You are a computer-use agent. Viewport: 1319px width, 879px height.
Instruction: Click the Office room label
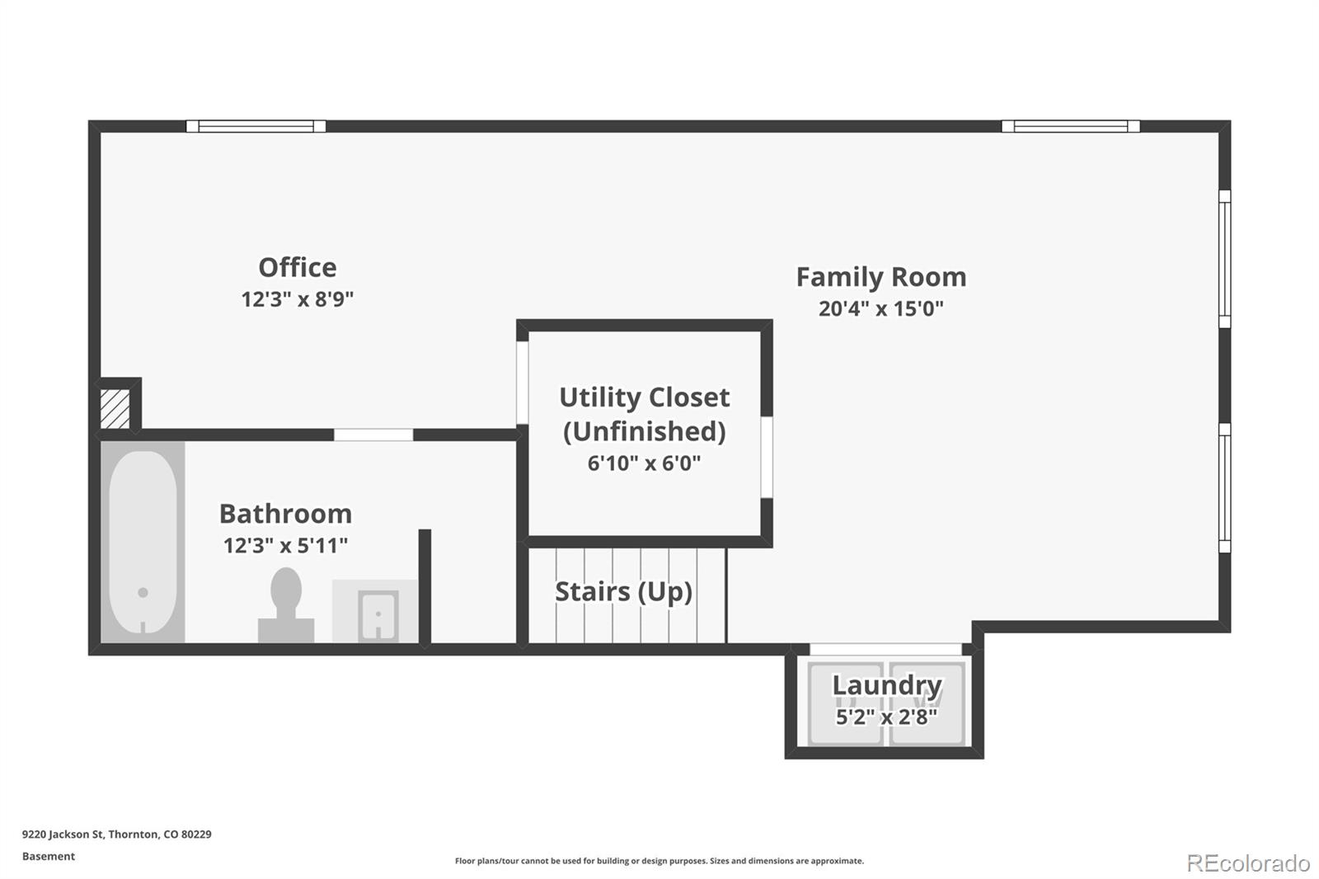298,267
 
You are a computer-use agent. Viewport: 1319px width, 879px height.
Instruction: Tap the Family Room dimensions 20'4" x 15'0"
881,308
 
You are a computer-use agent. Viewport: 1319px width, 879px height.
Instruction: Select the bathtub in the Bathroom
143,542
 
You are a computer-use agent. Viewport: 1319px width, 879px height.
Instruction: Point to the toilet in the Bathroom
286,604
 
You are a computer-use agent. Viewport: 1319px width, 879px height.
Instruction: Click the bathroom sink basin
378,614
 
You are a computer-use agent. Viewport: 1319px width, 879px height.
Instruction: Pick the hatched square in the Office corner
115,408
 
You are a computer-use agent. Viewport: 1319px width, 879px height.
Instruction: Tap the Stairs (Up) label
623,592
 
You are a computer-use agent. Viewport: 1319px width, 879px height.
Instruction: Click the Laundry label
887,685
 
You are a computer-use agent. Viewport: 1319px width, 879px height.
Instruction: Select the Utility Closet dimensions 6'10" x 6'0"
644,463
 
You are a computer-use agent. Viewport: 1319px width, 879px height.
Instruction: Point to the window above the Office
256,126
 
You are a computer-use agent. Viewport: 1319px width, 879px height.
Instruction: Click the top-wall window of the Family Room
1071,126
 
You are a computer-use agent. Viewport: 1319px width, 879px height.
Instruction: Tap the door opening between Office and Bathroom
373,435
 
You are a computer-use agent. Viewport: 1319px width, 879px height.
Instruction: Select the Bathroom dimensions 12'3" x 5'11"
285,546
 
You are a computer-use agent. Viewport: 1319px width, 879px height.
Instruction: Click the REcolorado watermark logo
1248,863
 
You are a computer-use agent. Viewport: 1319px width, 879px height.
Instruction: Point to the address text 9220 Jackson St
63,834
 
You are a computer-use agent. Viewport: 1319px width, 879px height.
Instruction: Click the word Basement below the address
49,856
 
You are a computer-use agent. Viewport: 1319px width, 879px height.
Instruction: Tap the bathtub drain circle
143,593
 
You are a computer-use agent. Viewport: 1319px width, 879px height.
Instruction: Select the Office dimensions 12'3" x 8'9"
298,299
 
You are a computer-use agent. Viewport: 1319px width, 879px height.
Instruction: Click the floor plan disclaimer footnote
659,861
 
